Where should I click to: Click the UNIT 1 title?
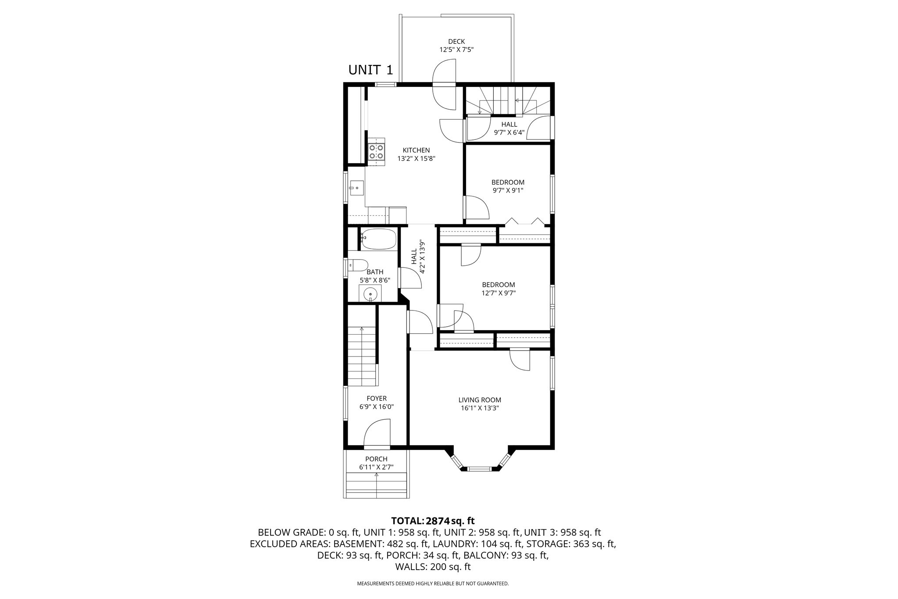pyautogui.click(x=371, y=70)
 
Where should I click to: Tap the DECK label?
pyautogui.click(x=456, y=42)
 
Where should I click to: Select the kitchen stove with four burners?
pyautogui.click(x=376, y=152)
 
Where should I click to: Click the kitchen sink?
pyautogui.click(x=356, y=188)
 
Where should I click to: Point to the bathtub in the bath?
pyautogui.click(x=379, y=239)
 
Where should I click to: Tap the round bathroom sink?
pyautogui.click(x=371, y=293)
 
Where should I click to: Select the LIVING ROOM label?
pyautogui.click(x=480, y=400)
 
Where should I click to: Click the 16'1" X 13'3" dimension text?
pyautogui.click(x=480, y=408)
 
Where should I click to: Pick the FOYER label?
pyautogui.click(x=377, y=399)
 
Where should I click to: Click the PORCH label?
pyautogui.click(x=376, y=459)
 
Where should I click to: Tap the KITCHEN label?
pyautogui.click(x=416, y=150)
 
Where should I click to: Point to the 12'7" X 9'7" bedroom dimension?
pyautogui.click(x=499, y=293)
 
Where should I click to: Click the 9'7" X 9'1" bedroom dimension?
pyautogui.click(x=508, y=190)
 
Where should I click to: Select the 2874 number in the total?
pyautogui.click(x=438, y=521)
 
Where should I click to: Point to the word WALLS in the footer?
pyautogui.click(x=409, y=567)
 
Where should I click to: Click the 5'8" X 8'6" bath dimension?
pyautogui.click(x=375, y=280)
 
